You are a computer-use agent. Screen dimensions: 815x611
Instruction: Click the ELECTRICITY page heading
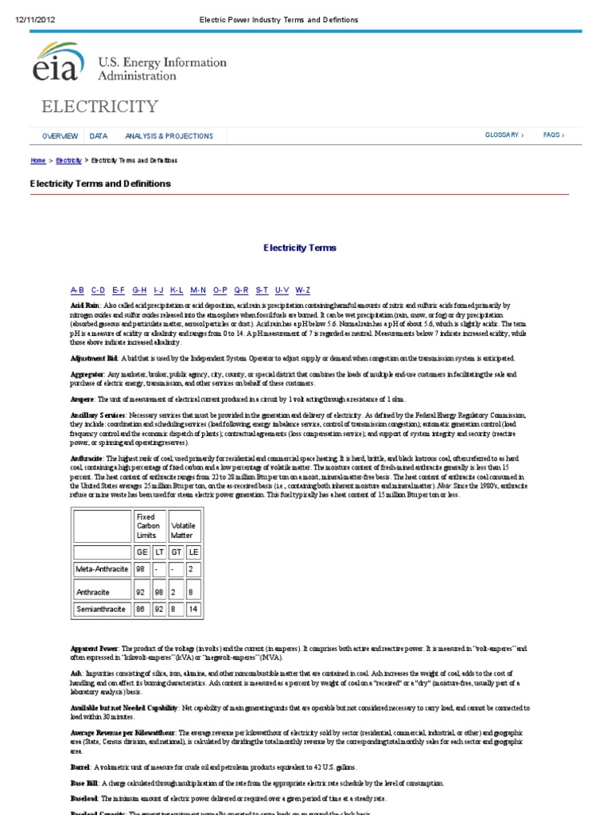100,107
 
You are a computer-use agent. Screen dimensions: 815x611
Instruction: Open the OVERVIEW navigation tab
60,136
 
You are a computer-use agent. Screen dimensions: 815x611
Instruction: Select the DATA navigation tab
99,136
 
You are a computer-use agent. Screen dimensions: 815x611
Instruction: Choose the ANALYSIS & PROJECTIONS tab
169,136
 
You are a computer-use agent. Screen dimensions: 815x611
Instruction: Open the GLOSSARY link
504,135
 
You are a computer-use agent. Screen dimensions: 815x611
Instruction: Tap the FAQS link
554,135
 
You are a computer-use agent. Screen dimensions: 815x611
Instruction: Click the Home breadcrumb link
38,161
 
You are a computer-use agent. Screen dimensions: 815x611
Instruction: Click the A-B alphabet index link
77,291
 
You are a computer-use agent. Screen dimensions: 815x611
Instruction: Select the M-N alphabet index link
198,291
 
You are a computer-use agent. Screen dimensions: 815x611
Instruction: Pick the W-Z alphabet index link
302,291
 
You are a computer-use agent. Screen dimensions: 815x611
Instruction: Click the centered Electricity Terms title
300,248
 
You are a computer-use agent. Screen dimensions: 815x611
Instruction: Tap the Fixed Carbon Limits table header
148,526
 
